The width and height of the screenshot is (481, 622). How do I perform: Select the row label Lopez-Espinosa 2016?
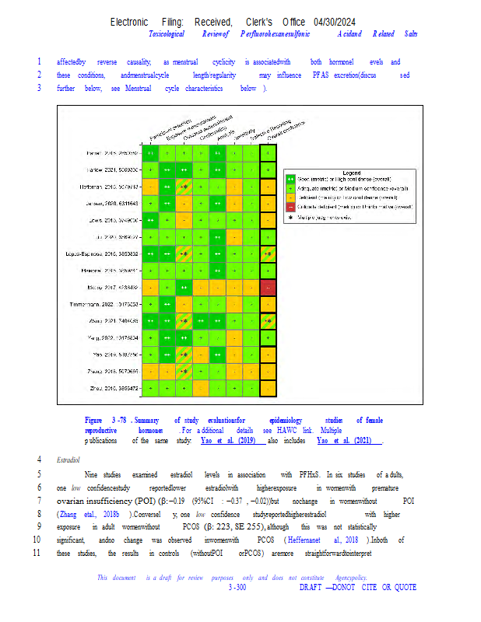[110, 253]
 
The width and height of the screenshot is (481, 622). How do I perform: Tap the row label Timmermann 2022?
[115, 304]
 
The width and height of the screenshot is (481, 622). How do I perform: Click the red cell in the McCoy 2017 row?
[269, 287]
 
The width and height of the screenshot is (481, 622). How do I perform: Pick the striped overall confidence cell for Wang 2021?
[269, 321]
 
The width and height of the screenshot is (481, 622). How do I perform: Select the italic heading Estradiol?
[69, 460]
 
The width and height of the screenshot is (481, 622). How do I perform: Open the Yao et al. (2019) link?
[229, 440]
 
